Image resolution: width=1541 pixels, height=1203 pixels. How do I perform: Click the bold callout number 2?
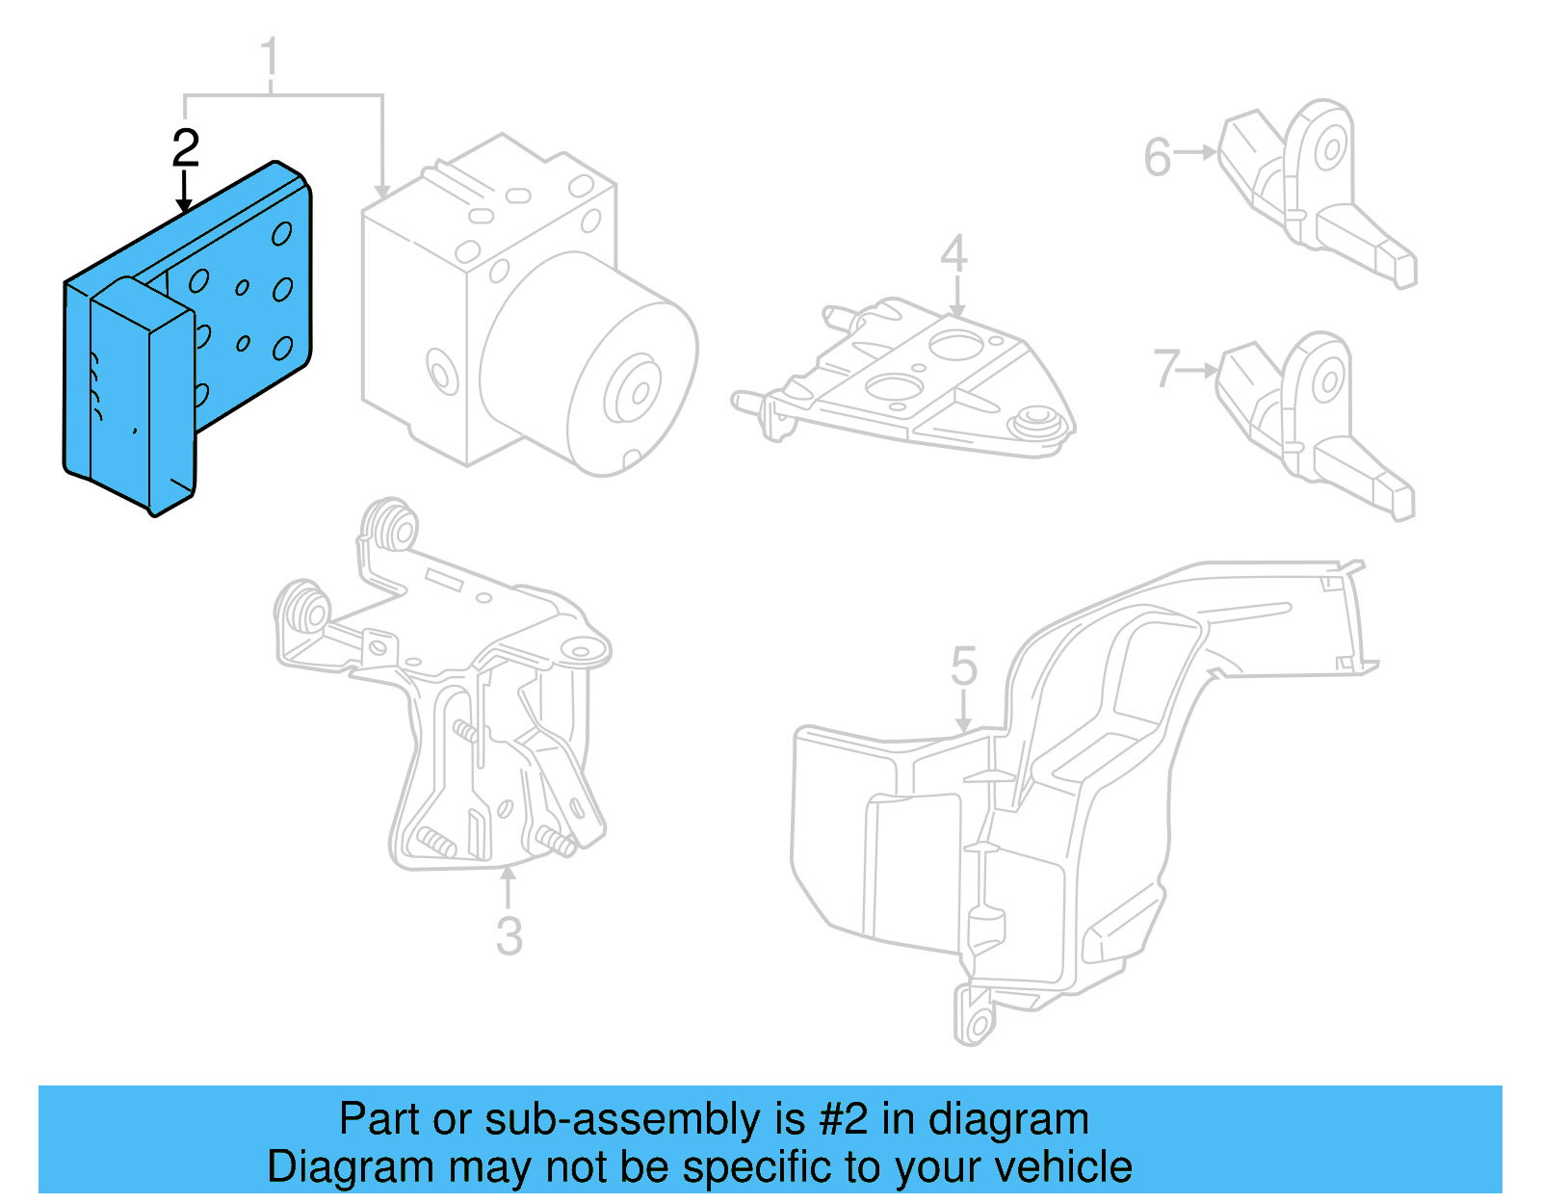pos(186,147)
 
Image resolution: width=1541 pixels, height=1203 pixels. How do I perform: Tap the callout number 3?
pos(509,936)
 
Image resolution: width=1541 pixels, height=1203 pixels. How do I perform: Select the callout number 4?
pos(953,253)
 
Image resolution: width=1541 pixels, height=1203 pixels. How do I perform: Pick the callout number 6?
pos(1158,157)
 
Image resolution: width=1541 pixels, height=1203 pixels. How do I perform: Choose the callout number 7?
pos(1167,368)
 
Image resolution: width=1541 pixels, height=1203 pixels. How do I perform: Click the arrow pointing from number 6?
pos(1195,152)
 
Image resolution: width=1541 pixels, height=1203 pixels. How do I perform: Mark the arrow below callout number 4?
pos(957,297)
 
